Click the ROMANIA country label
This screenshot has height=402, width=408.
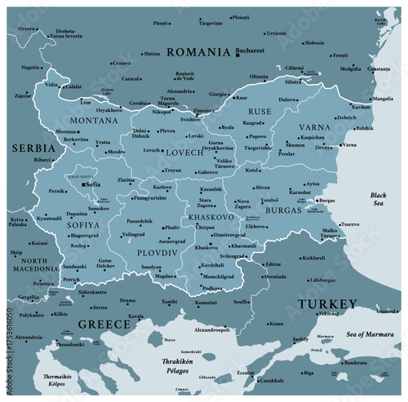tap(198, 51)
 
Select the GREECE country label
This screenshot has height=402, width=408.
tap(104, 325)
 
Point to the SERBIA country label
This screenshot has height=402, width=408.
tap(33, 148)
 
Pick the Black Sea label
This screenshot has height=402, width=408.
tap(378, 200)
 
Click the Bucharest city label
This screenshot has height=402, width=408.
tap(249, 51)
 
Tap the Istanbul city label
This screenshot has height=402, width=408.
tap(387, 311)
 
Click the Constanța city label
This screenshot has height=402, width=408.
tap(379, 69)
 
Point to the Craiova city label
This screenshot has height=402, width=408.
tap(122, 63)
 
